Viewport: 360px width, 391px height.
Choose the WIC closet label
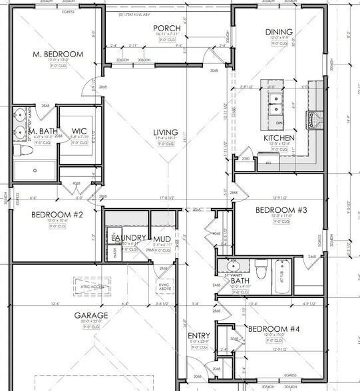[x=79, y=131]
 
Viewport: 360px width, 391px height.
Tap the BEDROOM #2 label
[x=56, y=215]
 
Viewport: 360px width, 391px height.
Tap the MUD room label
[x=162, y=239]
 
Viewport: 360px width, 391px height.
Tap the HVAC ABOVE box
[x=164, y=287]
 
